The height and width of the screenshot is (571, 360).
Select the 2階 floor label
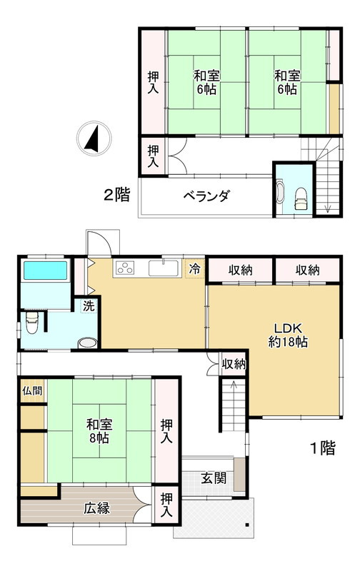(x=116, y=195)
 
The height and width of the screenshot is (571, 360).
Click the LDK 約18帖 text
(x=288, y=335)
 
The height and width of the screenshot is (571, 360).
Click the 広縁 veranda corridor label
(x=96, y=509)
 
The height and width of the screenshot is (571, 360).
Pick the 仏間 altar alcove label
(x=32, y=390)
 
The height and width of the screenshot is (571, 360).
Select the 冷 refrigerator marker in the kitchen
(x=194, y=269)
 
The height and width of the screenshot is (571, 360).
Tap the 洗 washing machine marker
(x=87, y=305)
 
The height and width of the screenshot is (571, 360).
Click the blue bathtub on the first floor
(x=45, y=271)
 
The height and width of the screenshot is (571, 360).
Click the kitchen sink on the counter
(x=164, y=268)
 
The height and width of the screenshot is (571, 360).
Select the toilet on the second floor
(x=301, y=193)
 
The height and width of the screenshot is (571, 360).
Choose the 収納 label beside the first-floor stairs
(x=234, y=364)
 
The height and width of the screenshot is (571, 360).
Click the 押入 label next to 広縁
(x=166, y=505)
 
